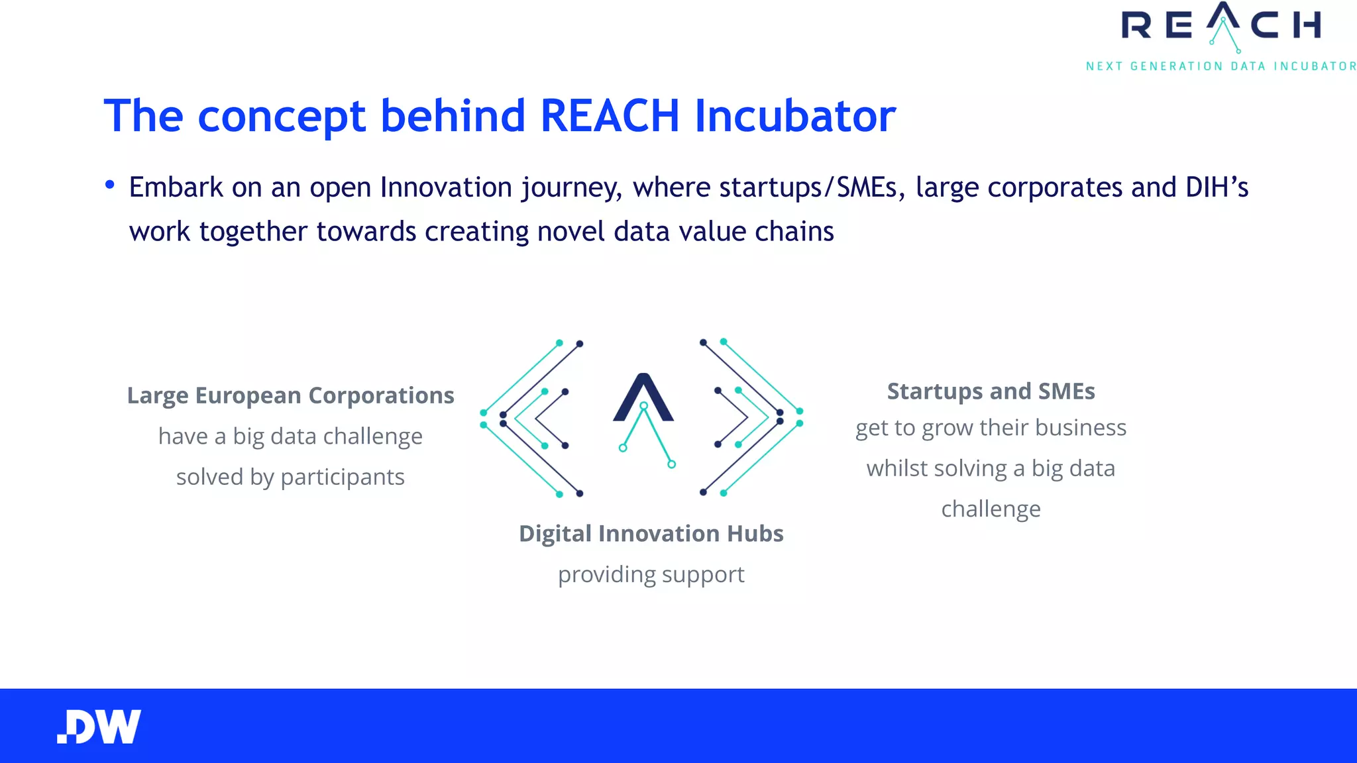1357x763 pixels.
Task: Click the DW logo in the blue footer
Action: click(x=99, y=727)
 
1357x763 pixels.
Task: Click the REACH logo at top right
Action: click(x=1221, y=26)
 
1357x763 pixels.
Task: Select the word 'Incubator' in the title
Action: click(x=795, y=116)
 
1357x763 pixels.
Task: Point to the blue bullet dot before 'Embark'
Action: click(x=110, y=185)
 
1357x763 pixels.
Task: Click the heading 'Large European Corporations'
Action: click(x=290, y=395)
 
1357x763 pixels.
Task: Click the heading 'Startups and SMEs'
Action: click(x=991, y=391)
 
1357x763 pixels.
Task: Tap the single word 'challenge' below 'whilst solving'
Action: click(x=991, y=509)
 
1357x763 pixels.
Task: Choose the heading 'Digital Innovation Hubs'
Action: click(x=651, y=534)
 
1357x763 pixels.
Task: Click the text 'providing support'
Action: click(x=651, y=574)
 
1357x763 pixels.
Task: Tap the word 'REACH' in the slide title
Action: click(x=610, y=116)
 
